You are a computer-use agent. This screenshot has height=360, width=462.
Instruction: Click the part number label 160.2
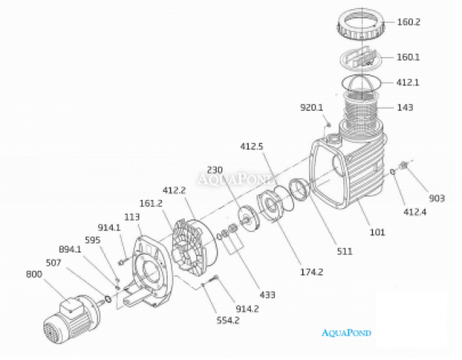click(409, 22)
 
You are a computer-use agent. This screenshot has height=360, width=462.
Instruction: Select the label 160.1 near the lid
click(409, 57)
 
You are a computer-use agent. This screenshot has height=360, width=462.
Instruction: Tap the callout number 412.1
click(409, 83)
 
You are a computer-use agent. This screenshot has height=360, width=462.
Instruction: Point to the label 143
click(405, 108)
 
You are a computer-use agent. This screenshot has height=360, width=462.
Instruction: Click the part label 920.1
click(311, 107)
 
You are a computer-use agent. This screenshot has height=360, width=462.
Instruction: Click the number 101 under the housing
click(376, 232)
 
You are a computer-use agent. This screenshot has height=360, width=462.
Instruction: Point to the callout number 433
click(267, 294)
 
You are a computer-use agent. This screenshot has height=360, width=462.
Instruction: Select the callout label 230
click(215, 170)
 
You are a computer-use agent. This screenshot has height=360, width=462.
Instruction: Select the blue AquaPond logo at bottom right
click(346, 332)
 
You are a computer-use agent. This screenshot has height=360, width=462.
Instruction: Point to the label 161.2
click(151, 203)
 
